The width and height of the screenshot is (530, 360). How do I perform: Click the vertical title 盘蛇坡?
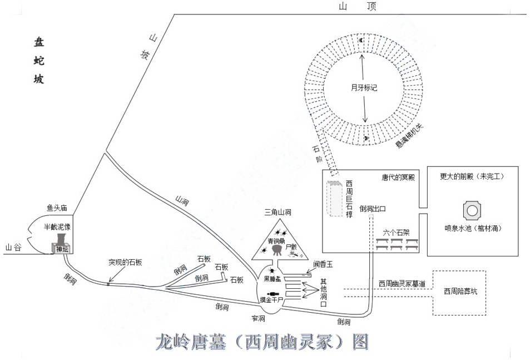click(38, 61)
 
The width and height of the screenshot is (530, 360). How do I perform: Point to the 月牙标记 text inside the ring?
click(364, 87)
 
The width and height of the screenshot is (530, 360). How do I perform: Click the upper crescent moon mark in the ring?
click(360, 40)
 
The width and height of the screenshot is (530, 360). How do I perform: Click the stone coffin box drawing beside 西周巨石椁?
click(335, 199)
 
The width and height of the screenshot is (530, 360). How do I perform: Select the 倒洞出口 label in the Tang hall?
click(373, 209)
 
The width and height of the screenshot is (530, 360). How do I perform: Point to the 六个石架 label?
click(397, 232)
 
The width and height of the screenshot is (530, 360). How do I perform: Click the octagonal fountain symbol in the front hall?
click(472, 210)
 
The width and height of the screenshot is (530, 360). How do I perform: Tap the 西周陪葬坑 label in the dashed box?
click(460, 291)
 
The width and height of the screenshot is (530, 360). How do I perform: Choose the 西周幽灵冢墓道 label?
click(402, 284)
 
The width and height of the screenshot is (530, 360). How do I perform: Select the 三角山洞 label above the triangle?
click(279, 211)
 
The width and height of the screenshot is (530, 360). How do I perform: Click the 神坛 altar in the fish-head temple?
click(61, 249)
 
